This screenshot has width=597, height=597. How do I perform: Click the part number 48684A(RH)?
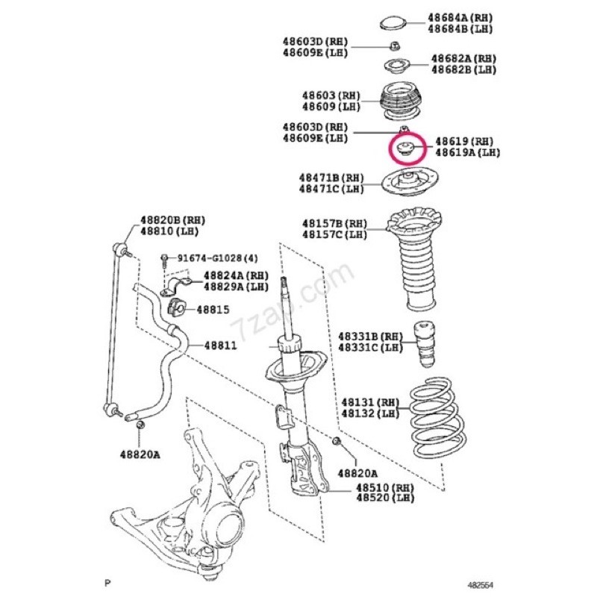460,17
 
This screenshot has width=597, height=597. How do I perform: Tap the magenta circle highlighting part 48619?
407,148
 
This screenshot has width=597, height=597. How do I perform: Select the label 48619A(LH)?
467,152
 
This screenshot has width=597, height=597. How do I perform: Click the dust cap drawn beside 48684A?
395,22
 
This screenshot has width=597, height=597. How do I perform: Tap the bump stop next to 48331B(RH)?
425,341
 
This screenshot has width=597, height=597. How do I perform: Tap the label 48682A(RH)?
463,58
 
